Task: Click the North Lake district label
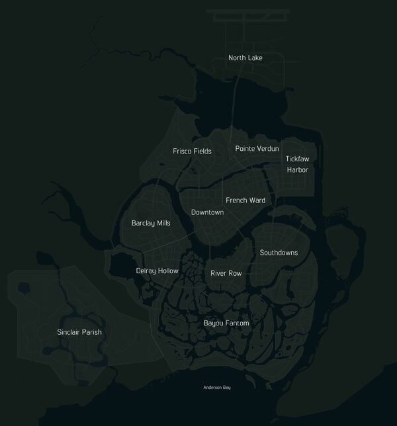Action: pos(245,58)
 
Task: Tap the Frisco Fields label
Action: pos(192,151)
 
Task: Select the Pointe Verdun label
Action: pos(257,149)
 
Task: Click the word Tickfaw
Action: pos(297,159)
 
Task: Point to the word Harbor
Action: pos(297,170)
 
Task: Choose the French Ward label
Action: pos(245,200)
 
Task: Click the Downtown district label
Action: pos(207,212)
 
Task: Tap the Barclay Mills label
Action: pos(151,224)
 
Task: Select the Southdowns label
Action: pos(279,253)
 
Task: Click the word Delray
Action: pos(147,271)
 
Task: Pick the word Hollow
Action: pos(168,271)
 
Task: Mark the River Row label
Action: pos(226,273)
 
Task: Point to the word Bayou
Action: pos(214,323)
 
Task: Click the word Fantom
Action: pos(237,323)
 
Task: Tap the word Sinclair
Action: pos(69,332)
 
